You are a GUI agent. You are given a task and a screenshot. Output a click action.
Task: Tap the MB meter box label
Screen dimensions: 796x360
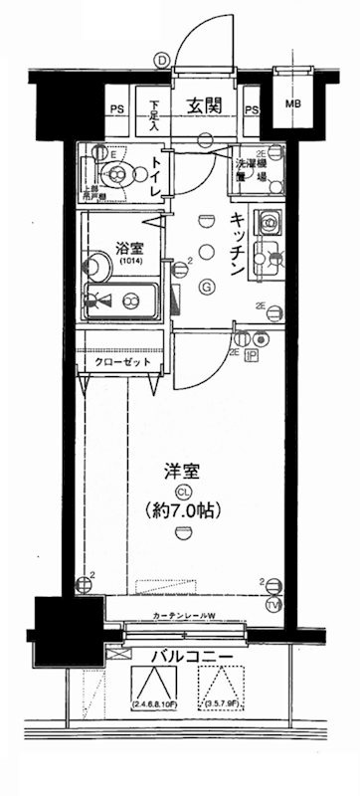click(x=294, y=102)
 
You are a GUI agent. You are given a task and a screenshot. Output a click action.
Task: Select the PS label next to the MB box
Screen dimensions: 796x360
click(x=251, y=109)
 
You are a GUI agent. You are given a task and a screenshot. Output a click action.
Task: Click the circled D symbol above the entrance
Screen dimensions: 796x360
click(x=161, y=60)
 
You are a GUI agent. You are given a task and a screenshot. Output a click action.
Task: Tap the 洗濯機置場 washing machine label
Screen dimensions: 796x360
click(x=250, y=169)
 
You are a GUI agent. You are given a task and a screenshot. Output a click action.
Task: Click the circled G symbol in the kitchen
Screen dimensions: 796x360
click(x=207, y=289)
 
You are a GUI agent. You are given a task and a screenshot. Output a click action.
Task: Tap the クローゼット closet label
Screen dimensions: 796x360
click(x=124, y=364)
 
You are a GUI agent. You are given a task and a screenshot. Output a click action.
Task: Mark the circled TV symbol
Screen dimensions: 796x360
click(x=273, y=603)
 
